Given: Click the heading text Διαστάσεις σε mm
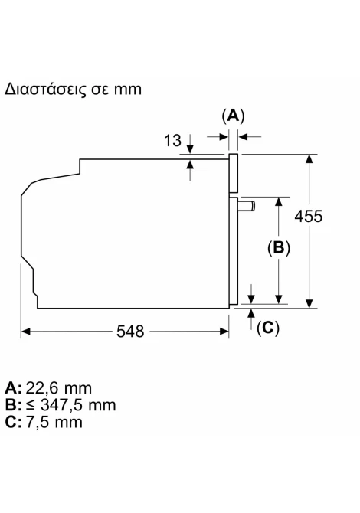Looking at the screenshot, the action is pos(73,90).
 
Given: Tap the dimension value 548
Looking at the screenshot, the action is pos(130,332).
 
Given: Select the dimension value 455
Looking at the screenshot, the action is pos(308,216).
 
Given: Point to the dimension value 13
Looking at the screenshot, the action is pos(172,140).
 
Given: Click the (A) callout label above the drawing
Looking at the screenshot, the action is pos(233,116).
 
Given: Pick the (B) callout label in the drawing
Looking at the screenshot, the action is pos(279,247).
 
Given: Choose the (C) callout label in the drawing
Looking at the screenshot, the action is pos(268,328).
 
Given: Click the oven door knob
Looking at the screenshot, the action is pos(247,206).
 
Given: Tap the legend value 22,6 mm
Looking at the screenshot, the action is pos(58,388).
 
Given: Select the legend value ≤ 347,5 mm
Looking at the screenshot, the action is pos(70,405).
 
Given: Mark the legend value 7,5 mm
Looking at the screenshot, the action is pos(54,422).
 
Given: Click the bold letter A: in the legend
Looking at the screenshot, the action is pos(14,388).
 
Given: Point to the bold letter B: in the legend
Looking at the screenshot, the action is pos(14,405).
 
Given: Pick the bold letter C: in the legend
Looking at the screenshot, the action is pos(14,422).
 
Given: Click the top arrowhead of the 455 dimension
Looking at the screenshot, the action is pos(309,158).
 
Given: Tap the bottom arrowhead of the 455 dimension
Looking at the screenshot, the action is pos(309,304).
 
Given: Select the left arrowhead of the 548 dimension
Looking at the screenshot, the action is pos(25,332).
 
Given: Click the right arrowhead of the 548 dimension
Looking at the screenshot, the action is pos(224,332).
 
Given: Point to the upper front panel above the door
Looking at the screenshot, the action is pos(234,173).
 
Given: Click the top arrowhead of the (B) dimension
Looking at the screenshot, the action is pos(279,201).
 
